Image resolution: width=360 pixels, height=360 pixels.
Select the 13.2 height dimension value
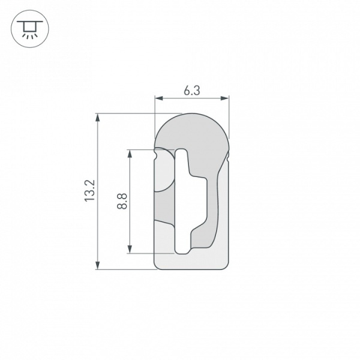pos(90,190)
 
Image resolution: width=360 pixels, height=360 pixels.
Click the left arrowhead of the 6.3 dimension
pos(158,97)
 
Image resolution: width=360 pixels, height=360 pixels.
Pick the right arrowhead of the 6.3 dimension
pos(226,97)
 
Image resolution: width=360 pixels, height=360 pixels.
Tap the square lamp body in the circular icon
pos(28,27)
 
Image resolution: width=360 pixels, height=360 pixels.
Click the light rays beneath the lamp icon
pos(28,35)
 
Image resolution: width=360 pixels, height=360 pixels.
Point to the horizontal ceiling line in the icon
pos(28,22)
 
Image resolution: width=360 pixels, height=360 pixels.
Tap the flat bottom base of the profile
pos(192,262)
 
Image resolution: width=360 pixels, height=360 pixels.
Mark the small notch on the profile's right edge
pos(228,158)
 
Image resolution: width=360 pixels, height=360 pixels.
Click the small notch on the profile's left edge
pos(156,156)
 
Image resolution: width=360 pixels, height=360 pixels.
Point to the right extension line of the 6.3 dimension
pos(229,114)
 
